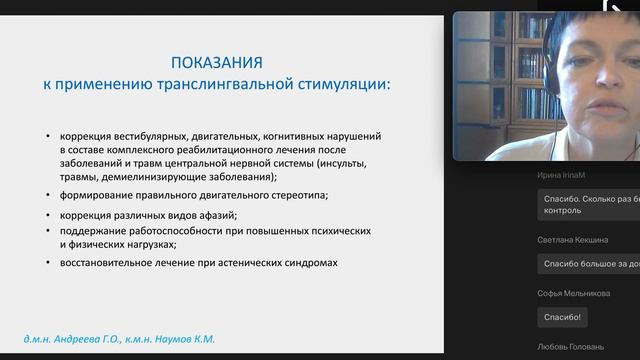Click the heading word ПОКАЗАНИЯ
click(x=216, y=61)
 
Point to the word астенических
click(x=241, y=263)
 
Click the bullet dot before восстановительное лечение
click(x=49, y=263)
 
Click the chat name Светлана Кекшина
click(x=577, y=239)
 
